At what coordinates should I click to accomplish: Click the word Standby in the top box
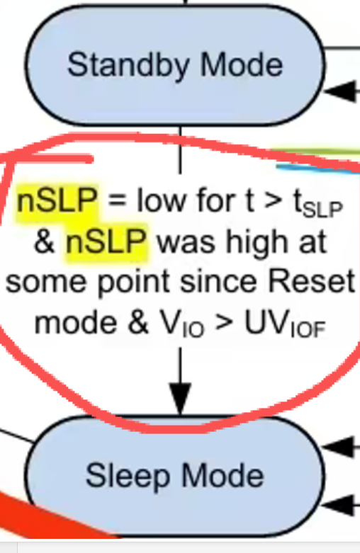coord(128,66)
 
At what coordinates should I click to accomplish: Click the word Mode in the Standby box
coord(242,64)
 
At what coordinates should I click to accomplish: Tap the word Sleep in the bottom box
coord(128,477)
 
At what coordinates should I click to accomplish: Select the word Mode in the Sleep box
coord(223,475)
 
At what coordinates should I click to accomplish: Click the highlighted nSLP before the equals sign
coord(57,200)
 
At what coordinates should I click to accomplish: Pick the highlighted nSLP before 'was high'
coord(106,241)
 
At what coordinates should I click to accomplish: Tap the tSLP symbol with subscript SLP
coord(318,203)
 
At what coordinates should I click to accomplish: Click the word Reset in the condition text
coord(311,281)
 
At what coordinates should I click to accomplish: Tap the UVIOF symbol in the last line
coord(285,324)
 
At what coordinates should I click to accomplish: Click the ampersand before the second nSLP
coord(45,242)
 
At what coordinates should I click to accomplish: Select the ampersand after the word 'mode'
coord(138,321)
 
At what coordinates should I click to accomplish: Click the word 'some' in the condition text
coord(46,283)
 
